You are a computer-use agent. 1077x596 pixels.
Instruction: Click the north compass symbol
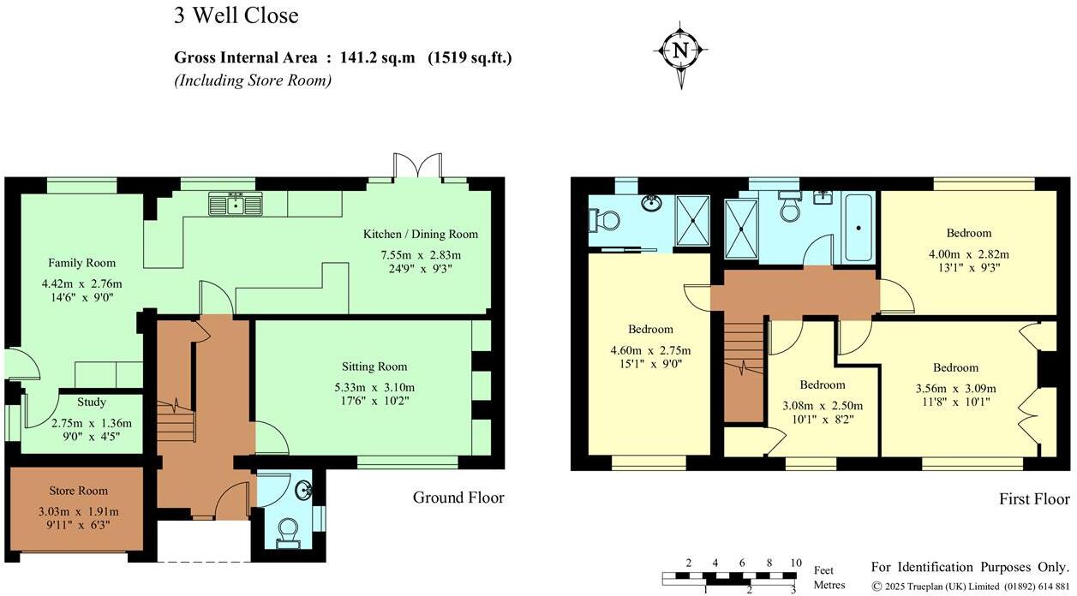(681, 51)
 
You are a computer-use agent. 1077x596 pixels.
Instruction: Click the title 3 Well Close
(236, 15)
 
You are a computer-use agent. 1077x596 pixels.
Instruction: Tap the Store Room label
(78, 491)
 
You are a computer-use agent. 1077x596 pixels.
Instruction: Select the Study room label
(92, 402)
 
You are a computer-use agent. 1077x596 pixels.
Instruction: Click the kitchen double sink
(234, 204)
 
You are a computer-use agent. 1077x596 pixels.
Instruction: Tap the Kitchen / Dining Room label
(421, 234)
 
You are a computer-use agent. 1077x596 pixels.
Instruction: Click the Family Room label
(81, 263)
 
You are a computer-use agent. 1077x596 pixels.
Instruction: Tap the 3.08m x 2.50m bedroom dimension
(823, 406)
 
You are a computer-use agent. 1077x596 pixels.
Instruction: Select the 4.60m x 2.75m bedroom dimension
(650, 350)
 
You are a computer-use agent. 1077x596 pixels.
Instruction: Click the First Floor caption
(1034, 499)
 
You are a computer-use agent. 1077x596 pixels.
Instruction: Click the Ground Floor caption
(458, 498)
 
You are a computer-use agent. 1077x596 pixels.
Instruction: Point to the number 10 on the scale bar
(796, 563)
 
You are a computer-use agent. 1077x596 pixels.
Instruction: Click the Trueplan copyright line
(970, 587)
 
